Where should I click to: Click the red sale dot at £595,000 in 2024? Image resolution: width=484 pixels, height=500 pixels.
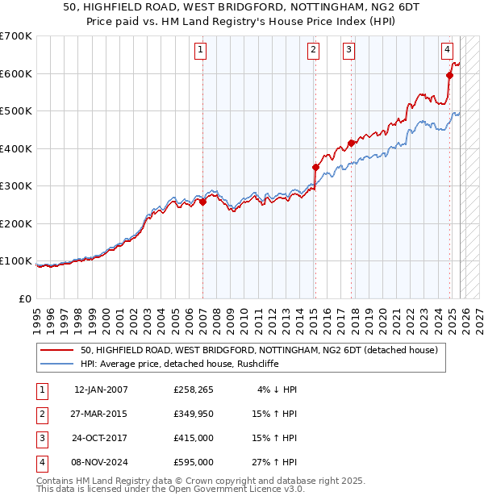(x=450, y=76)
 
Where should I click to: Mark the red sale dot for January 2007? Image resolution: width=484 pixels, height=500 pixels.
(x=202, y=202)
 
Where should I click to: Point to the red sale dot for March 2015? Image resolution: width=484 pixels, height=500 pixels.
(x=315, y=168)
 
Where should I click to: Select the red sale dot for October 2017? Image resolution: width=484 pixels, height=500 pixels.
(x=351, y=144)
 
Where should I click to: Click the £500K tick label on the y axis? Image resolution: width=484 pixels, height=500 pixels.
(x=15, y=111)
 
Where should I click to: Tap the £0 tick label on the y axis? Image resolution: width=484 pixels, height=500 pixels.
(x=25, y=298)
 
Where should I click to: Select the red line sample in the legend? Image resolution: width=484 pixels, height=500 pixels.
(x=56, y=351)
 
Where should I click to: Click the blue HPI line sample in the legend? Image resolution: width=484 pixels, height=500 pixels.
(x=56, y=364)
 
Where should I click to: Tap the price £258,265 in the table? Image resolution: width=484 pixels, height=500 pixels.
(x=193, y=390)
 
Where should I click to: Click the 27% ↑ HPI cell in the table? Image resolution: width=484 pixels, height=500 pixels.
(x=274, y=462)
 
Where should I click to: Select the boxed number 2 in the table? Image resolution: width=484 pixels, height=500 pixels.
(x=41, y=414)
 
